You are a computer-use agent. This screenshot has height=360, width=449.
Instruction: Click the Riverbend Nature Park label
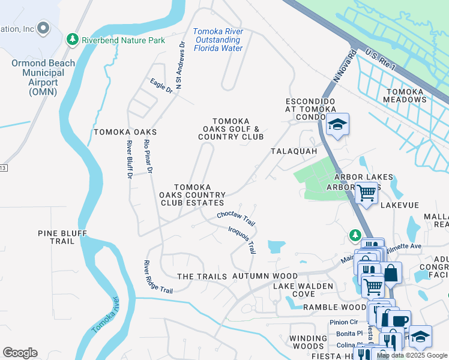(123, 40)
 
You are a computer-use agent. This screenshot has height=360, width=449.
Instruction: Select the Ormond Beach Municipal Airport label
(43, 77)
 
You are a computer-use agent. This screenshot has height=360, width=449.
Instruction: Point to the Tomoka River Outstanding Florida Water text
(218, 40)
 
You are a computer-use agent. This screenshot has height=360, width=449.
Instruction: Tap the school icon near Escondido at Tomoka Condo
(338, 125)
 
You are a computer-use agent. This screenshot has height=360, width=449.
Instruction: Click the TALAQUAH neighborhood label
(294, 152)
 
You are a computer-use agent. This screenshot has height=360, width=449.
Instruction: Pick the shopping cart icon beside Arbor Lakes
(366, 193)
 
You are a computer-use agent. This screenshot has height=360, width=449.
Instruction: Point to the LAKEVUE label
(399, 205)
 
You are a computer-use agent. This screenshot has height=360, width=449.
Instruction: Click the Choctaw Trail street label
(237, 218)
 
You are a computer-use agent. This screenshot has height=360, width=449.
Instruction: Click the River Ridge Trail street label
(158, 277)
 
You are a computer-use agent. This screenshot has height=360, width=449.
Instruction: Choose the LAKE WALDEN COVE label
(303, 290)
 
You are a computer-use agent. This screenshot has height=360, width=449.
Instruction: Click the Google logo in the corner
(20, 353)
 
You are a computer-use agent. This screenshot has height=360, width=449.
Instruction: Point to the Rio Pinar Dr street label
(148, 157)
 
